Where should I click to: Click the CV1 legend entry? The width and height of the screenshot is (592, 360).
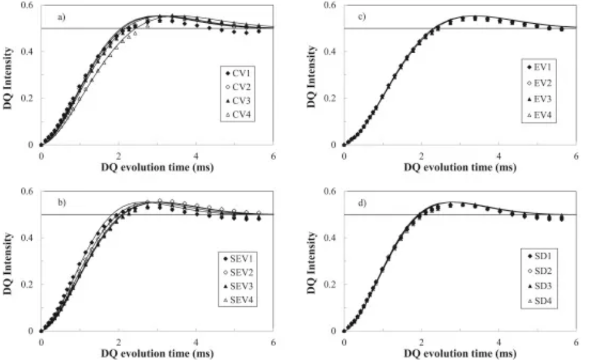click(241, 73)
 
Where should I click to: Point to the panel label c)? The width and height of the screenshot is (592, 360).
click(362, 17)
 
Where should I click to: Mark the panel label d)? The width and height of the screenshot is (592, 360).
click(362, 202)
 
